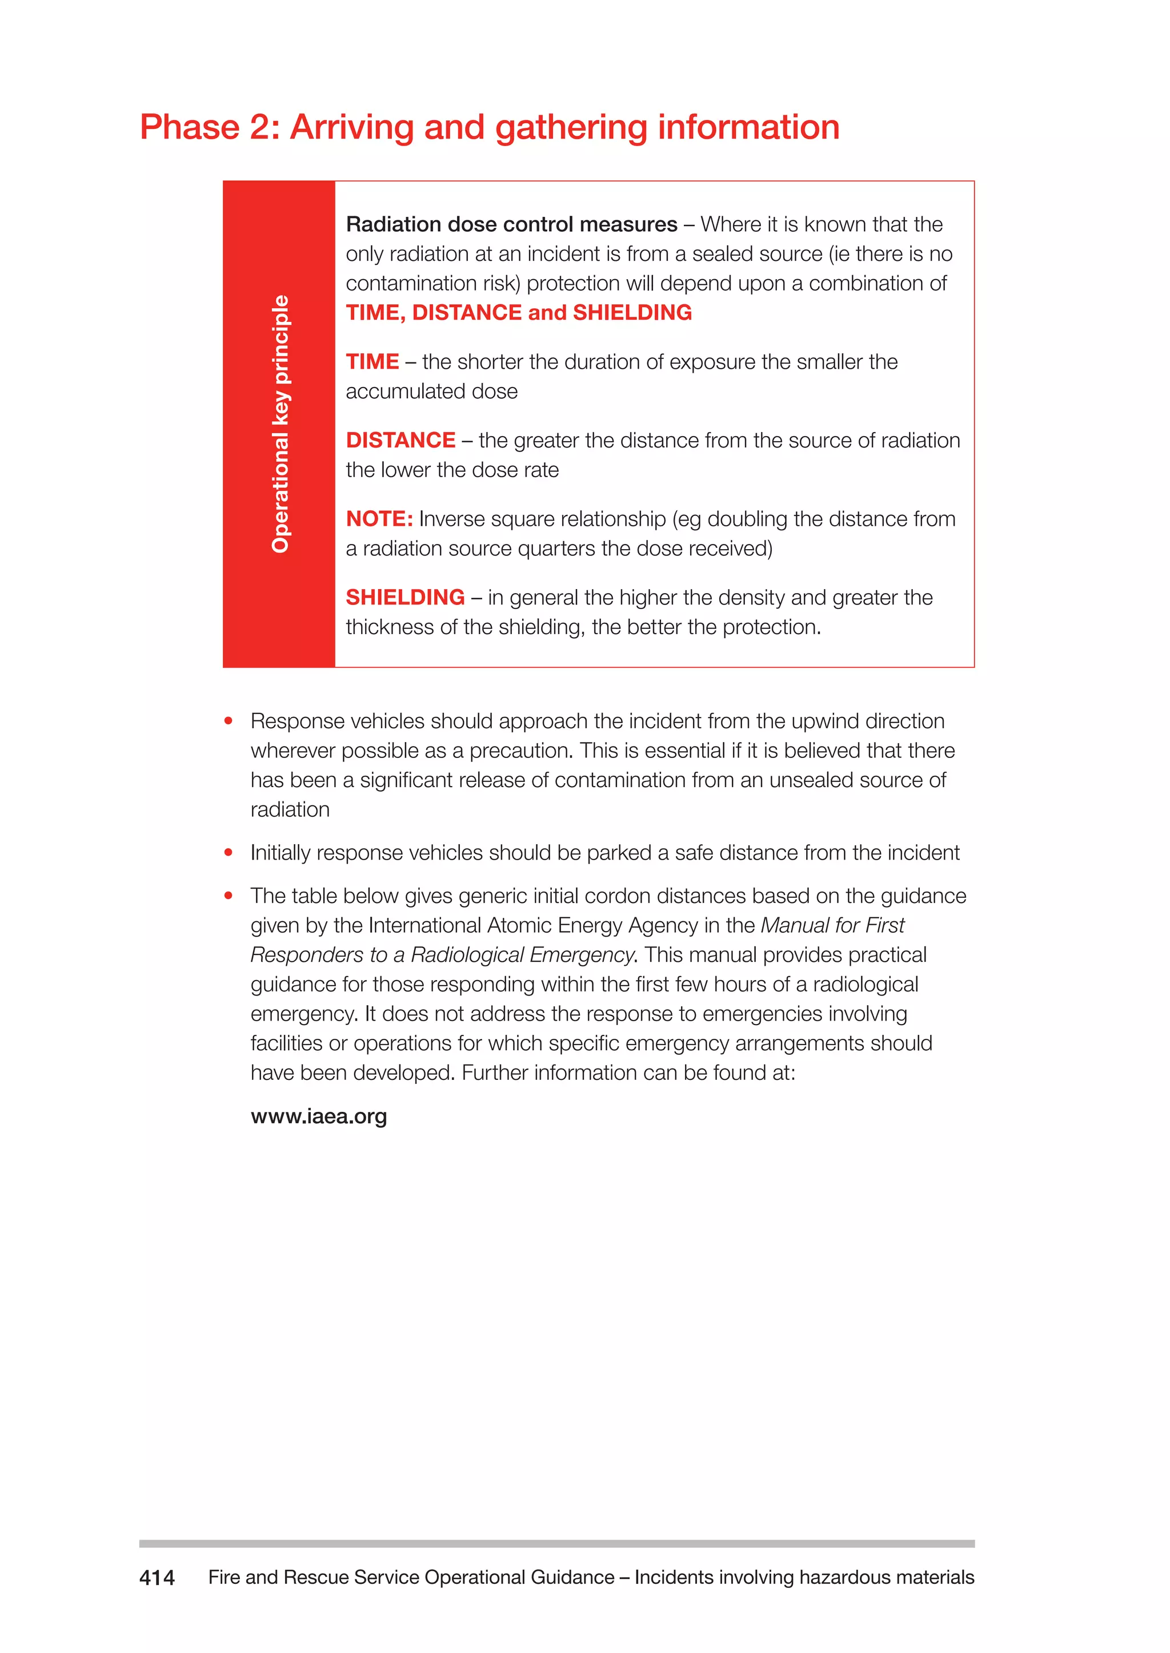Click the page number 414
157,1578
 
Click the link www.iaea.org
318,1116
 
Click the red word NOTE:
379,518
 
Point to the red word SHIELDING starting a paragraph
405,597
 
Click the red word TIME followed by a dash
372,361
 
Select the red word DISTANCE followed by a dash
400,440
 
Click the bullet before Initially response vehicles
229,852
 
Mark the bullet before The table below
229,896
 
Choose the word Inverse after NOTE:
452,518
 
